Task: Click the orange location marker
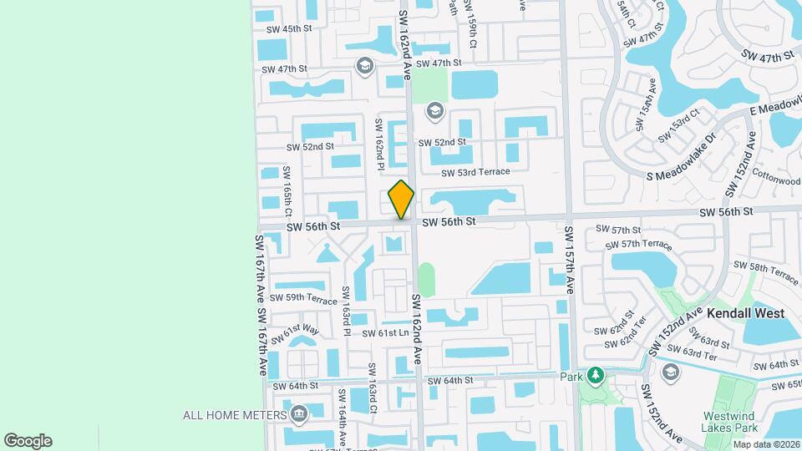pos(402,199)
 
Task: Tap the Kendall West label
pos(745,313)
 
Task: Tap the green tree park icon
pos(594,376)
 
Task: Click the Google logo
pos(28,441)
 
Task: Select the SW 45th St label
pos(288,28)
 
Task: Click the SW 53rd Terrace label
pos(475,171)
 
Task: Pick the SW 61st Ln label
pos(384,333)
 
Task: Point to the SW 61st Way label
pos(300,333)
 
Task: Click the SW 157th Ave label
pos(570,260)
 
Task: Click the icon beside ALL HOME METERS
pos(299,414)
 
